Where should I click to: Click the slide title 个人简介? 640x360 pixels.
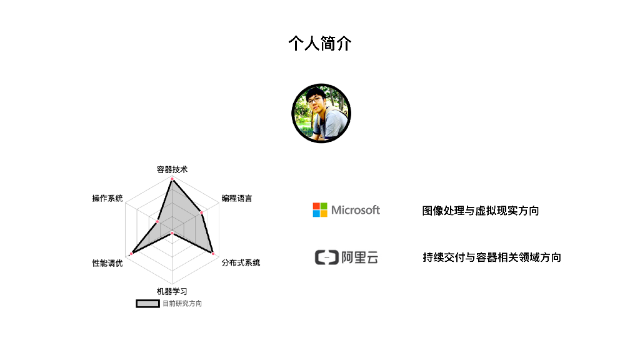tap(320, 44)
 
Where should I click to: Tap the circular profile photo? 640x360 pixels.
tap(321, 113)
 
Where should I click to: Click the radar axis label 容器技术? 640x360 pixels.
tap(172, 169)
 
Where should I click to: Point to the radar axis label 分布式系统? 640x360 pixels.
tap(241, 262)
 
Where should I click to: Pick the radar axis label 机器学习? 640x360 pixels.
tap(172, 291)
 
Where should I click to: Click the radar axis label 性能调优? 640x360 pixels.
tap(107, 263)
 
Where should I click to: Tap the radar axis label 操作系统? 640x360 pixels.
tap(107, 199)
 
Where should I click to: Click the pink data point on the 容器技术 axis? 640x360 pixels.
tap(172, 180)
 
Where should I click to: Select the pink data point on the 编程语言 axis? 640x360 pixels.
tap(201, 213)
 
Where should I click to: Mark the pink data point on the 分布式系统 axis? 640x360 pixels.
tap(213, 254)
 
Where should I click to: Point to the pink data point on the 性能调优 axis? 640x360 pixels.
tap(131, 254)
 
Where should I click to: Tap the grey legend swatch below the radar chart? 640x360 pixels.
tap(147, 304)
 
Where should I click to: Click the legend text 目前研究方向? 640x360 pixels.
tap(182, 304)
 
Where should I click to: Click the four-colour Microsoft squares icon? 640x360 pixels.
tap(320, 210)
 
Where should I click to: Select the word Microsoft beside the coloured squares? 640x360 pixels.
tap(356, 210)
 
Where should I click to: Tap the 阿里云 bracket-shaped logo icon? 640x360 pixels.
tap(326, 257)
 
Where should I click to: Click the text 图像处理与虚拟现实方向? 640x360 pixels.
tap(481, 211)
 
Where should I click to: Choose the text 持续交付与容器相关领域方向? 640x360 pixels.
tap(492, 257)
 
